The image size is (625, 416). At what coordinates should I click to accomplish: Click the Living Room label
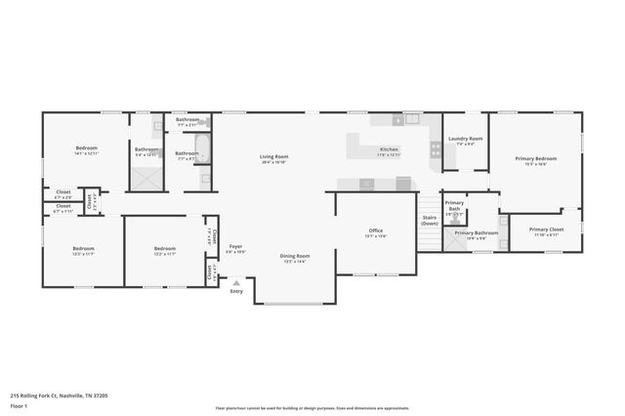273,157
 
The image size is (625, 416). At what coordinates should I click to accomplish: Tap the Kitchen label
389,151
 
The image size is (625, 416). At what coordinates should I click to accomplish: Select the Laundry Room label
465,140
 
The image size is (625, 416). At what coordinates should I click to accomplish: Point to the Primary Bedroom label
536,159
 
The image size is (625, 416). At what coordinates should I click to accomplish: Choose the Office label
375,232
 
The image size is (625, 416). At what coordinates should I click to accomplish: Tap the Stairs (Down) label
430,220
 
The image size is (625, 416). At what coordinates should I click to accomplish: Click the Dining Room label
295,257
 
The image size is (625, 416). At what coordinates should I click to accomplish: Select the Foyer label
235,247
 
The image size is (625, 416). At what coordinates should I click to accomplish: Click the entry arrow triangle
235,282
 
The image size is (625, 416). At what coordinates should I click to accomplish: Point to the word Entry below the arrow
235,291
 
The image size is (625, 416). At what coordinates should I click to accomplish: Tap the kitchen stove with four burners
436,149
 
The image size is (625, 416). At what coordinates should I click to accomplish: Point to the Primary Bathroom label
477,234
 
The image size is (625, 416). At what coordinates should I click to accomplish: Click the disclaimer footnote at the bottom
311,408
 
